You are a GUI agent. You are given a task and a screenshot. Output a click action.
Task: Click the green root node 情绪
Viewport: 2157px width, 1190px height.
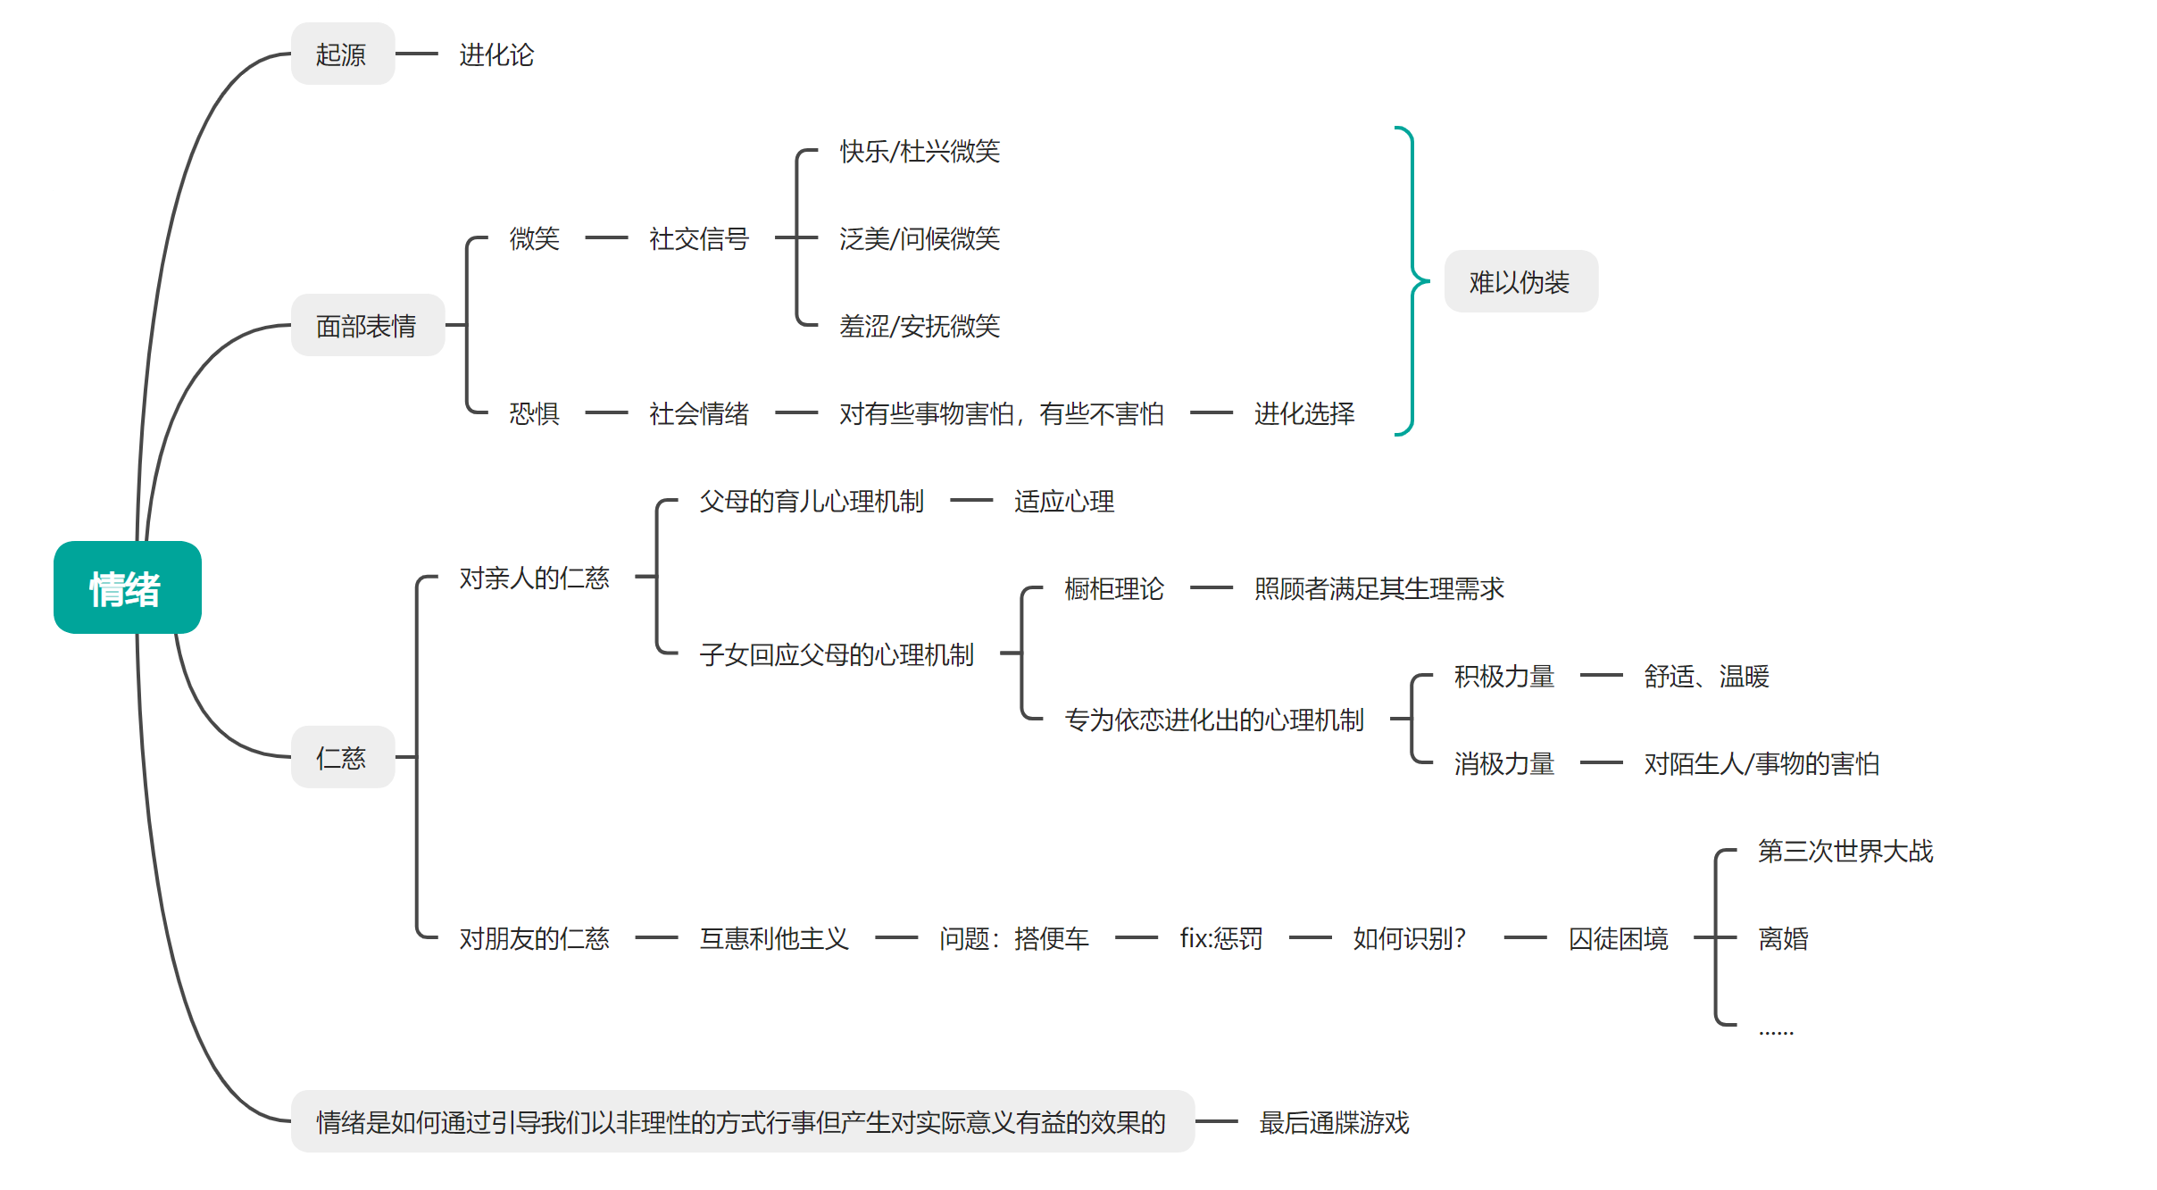pyautogui.click(x=127, y=587)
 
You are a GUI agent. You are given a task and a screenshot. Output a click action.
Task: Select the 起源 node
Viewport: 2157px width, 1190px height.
pyautogui.click(x=342, y=54)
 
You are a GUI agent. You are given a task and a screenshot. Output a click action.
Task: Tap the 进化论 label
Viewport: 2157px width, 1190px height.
pyautogui.click(x=496, y=54)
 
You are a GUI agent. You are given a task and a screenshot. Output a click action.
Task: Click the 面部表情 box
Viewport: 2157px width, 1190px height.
pyautogui.click(x=367, y=326)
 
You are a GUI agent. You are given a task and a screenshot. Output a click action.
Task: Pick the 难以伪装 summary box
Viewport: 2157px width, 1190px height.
pyautogui.click(x=1520, y=282)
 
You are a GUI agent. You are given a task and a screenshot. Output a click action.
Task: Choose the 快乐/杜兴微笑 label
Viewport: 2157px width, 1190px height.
pyautogui.click(x=920, y=151)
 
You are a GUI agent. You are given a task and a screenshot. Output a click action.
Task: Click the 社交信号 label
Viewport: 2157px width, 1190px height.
pyautogui.click(x=698, y=238)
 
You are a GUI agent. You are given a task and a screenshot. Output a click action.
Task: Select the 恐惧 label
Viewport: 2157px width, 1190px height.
pyautogui.click(x=534, y=413)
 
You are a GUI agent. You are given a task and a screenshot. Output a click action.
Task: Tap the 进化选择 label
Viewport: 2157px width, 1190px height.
pyautogui.click(x=1303, y=413)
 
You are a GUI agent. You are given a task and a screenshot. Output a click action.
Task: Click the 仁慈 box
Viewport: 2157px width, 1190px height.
pyautogui.click(x=342, y=758)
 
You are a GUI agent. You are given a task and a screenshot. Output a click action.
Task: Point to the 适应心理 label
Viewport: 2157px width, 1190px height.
pyautogui.click(x=1063, y=501)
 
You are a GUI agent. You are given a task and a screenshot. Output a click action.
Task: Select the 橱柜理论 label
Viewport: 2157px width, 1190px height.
pyautogui.click(x=1113, y=588)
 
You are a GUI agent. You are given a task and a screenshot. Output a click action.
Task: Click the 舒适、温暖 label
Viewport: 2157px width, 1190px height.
pyautogui.click(x=1706, y=676)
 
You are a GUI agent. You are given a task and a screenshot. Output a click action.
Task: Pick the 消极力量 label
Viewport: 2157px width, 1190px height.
pyautogui.click(x=1503, y=763)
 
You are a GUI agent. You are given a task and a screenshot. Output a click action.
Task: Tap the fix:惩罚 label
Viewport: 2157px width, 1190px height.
pyautogui.click(x=1220, y=938)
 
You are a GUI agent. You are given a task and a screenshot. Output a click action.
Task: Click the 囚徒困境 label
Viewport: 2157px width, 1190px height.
pyautogui.click(x=1618, y=938)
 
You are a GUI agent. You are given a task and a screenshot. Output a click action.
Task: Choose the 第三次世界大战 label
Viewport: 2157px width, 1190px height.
pyautogui.click(x=1845, y=851)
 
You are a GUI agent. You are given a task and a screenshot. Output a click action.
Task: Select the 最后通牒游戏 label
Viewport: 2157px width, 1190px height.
pyautogui.click(x=1334, y=1122)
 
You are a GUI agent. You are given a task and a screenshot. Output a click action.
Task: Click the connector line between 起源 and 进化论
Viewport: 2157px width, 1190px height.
pyautogui.click(x=416, y=54)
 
